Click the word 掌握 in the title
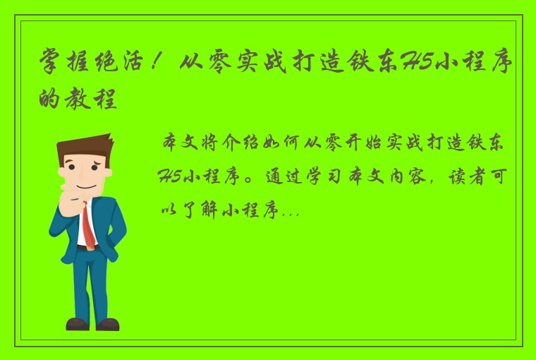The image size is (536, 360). (66, 67)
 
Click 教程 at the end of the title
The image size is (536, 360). (97, 99)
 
